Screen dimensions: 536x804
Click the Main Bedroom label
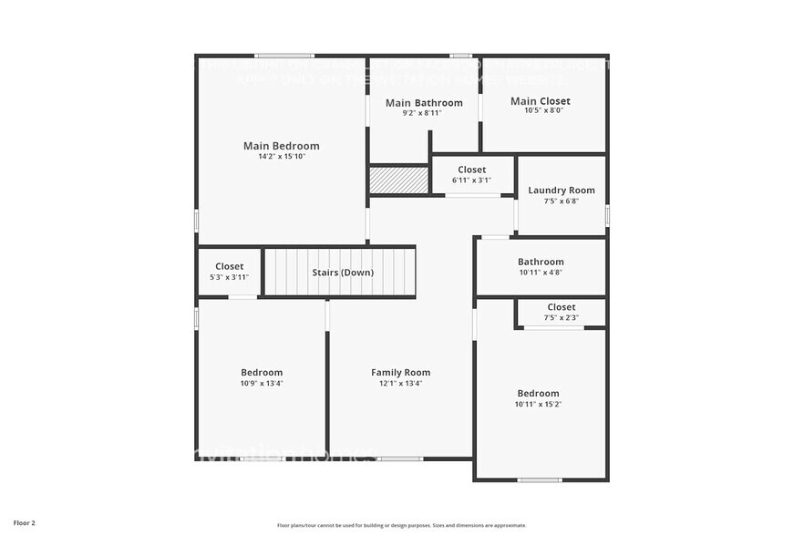click(281, 146)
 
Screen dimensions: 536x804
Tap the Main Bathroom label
click(424, 103)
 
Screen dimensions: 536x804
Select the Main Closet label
click(541, 101)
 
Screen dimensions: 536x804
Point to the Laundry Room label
click(562, 191)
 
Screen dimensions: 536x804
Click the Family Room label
click(400, 372)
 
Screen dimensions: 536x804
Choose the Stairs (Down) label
click(343, 273)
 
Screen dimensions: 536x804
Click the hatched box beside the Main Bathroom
click(399, 180)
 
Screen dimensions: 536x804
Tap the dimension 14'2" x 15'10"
click(281, 157)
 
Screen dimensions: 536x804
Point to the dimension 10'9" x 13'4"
click(262, 383)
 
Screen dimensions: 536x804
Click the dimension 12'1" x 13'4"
click(400, 383)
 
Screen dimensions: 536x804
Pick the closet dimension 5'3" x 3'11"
click(229, 277)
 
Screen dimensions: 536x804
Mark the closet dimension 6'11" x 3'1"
click(471, 180)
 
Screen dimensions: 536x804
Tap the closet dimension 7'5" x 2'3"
click(561, 318)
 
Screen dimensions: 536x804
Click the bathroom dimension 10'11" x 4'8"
click(541, 273)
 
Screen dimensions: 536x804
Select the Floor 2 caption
click(25, 524)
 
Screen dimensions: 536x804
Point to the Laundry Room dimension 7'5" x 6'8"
click(562, 201)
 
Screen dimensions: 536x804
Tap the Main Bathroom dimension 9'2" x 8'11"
click(424, 114)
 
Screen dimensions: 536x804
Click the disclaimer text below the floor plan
click(401, 525)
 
